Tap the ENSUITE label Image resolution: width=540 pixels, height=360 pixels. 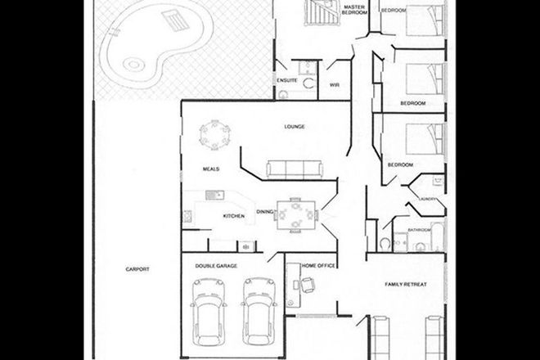coord(286,81)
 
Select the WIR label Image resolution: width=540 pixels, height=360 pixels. coord(334,84)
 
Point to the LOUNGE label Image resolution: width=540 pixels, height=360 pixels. coord(295,127)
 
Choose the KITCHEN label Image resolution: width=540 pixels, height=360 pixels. coord(235,216)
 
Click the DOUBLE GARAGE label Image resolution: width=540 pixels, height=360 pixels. coord(215,266)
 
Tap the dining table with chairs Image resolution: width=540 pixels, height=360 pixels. coord(293,215)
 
